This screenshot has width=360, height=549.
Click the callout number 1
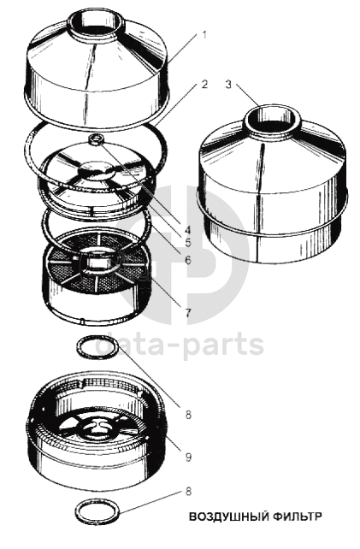pos(204,35)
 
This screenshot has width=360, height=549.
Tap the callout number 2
pos(204,84)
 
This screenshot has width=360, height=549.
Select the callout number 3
pos(228,85)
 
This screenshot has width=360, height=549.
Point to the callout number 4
pos(188,230)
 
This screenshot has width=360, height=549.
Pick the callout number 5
pos(188,242)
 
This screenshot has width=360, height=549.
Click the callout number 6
pos(188,260)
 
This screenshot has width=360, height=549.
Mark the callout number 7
pos(188,313)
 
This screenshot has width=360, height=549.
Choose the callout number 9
pos(188,457)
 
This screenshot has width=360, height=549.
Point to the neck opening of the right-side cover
pos(273,117)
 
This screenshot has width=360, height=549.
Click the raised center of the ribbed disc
pos(97,171)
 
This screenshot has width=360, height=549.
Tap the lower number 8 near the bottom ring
pos(188,491)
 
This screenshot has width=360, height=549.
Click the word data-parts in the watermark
pos(180,345)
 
